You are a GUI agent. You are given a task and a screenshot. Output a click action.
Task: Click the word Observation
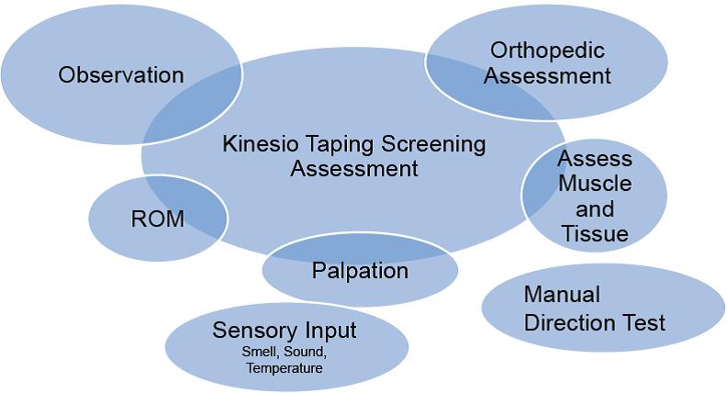coord(121,75)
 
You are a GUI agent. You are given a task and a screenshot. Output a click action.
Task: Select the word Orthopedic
coord(548,51)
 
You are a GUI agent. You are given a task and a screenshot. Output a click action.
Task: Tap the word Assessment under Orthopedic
coord(548,75)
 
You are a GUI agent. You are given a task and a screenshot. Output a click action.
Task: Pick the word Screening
coord(434,145)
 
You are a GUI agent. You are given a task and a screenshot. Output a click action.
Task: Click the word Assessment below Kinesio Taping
coord(354,168)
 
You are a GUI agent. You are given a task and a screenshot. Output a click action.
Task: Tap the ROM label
coord(158,219)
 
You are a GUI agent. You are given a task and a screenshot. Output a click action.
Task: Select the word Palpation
coord(360,271)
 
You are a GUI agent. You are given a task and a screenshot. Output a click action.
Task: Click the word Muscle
coord(595,184)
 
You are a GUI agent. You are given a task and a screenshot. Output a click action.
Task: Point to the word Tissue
coord(596,233)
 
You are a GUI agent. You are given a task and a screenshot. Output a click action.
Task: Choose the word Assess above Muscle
coord(595,158)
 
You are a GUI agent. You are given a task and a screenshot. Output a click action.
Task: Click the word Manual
coord(562,295)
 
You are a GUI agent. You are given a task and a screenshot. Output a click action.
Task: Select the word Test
coord(645,323)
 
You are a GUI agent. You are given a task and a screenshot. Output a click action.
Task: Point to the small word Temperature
coord(285,368)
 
